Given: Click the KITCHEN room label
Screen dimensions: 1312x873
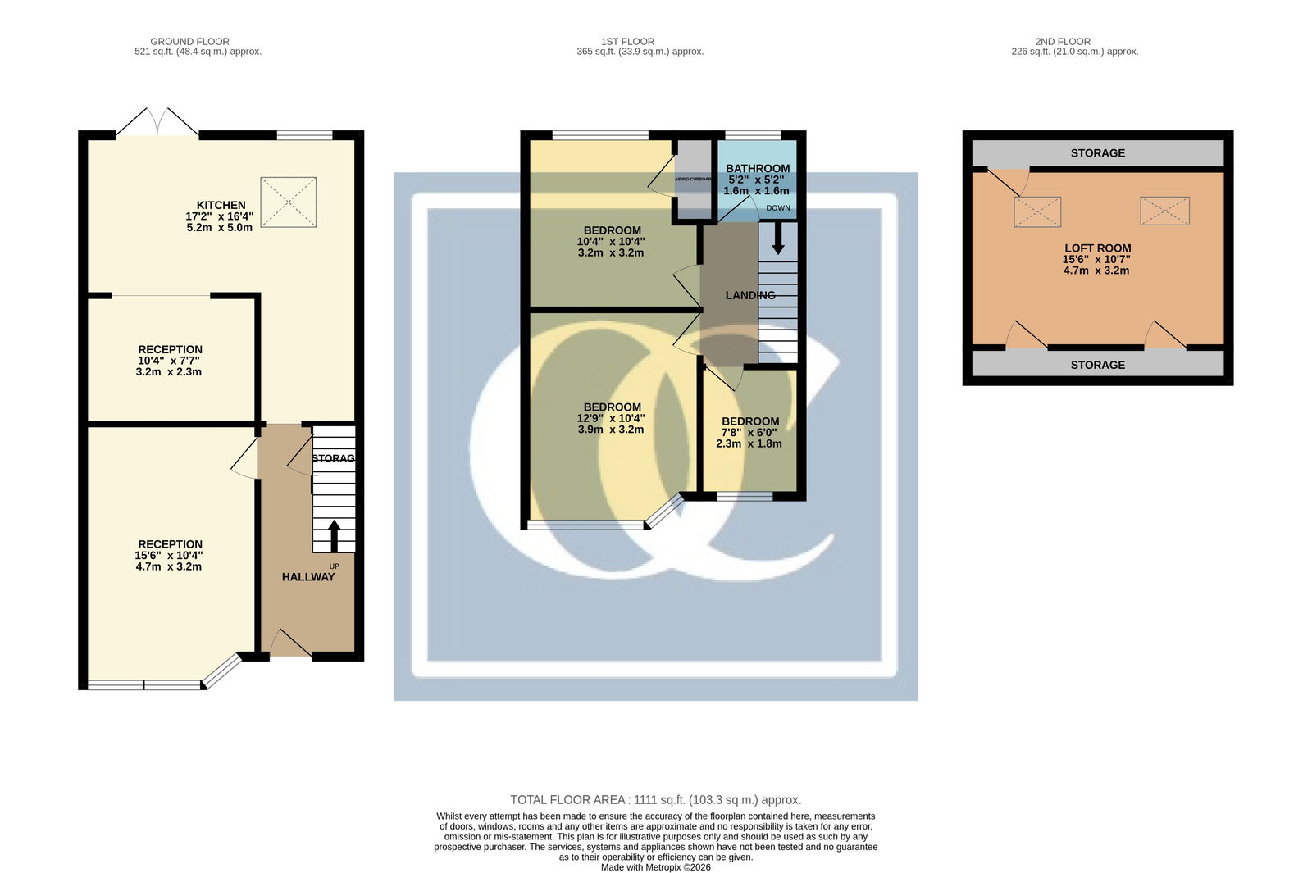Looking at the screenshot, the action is point(221,205).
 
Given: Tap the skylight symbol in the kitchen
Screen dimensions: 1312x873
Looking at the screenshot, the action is point(288,202).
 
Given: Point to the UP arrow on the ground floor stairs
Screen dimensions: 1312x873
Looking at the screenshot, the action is point(334,536).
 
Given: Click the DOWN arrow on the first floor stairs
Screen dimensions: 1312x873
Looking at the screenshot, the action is point(778,239).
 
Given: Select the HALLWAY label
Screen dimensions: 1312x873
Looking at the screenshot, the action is point(308,577).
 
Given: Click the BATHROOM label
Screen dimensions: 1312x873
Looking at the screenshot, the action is point(758,169).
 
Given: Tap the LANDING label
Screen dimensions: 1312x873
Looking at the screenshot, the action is point(750,295).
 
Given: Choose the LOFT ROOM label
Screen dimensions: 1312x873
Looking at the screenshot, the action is point(1097,248).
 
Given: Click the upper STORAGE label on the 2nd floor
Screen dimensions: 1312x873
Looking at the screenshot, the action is point(1098,153).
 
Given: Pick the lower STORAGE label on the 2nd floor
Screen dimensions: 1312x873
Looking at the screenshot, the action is point(1098,366).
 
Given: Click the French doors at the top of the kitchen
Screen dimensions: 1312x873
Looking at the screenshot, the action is point(157,122).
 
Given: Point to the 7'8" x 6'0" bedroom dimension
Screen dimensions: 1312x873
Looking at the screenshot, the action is point(749,432).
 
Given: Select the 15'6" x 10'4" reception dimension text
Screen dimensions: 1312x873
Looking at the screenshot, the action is point(169,555).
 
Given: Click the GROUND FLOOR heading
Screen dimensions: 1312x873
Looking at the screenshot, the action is point(189,42).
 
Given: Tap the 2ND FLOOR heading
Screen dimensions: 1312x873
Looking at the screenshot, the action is point(1063,42).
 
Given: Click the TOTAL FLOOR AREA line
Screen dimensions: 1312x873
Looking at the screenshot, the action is point(655,800).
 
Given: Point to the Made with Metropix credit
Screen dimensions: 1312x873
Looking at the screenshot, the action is point(655,867).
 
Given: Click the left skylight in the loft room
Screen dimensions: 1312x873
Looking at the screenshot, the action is point(1037,212).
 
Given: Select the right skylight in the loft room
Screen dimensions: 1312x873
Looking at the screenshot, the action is point(1164,211).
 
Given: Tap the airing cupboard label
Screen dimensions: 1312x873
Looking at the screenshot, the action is point(693,180).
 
